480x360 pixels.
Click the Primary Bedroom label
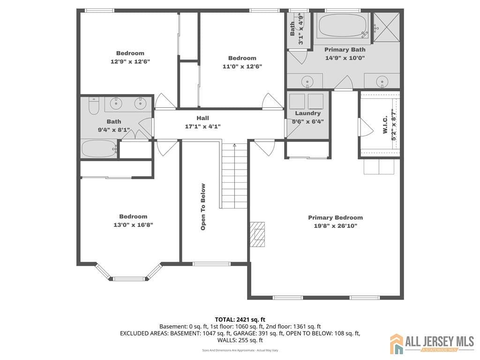pos(335,217)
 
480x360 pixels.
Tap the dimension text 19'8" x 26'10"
pos(335,226)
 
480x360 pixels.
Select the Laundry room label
pos(308,113)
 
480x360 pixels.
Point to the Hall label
pos(203,118)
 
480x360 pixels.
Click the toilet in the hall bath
pos(94,106)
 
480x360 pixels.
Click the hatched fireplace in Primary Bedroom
pos(257,234)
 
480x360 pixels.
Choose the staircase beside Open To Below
pos(234,176)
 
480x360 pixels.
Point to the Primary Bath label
pos(345,50)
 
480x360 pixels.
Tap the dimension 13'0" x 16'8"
pos(133,225)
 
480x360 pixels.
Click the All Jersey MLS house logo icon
pos(397,344)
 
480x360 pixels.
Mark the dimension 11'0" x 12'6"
pos(242,66)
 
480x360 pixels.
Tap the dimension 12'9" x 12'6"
pos(130,61)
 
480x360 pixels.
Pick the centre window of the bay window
pos(129,279)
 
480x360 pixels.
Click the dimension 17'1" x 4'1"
pos(203,126)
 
